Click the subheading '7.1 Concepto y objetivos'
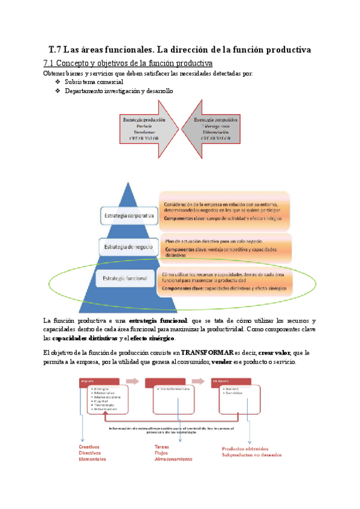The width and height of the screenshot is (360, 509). (x=128, y=63)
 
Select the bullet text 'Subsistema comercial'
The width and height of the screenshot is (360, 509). (x=94, y=82)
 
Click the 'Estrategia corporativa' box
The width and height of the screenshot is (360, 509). (x=127, y=214)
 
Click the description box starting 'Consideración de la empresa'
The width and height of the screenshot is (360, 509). (x=224, y=211)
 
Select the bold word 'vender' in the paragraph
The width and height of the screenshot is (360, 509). (x=223, y=364)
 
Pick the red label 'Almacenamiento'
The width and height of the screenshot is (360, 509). (x=173, y=459)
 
